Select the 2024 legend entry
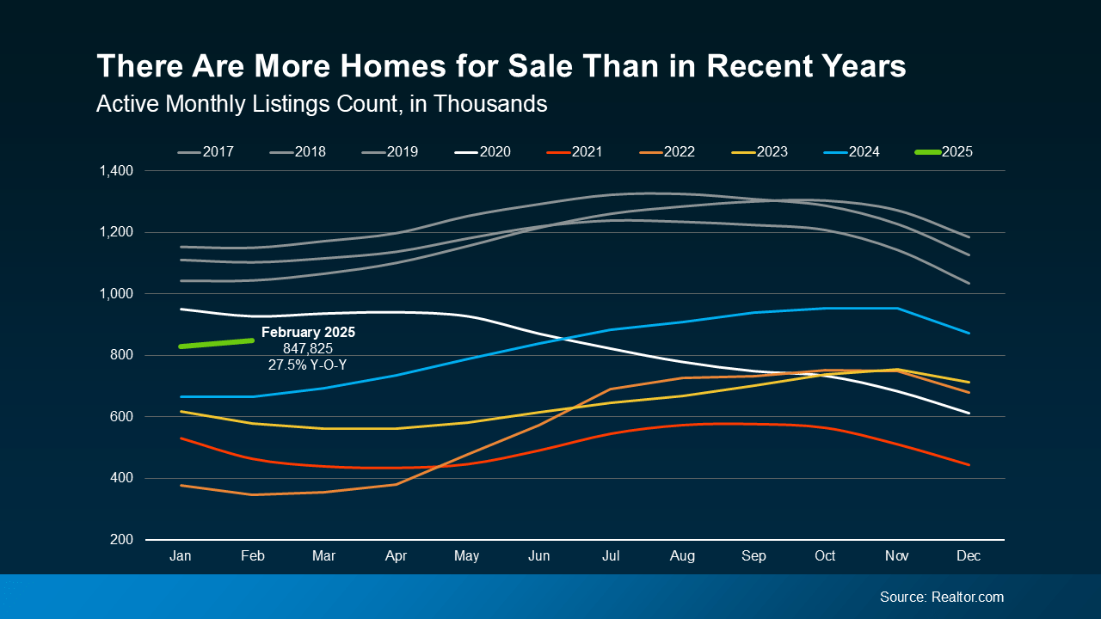[x=853, y=152]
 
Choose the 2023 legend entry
[x=760, y=152]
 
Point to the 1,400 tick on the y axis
[x=115, y=171]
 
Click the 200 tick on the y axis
[x=121, y=540]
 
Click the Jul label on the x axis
[x=610, y=556]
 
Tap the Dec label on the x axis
[x=969, y=556]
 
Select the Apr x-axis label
[x=396, y=556]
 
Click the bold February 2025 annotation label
[x=308, y=332]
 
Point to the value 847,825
[x=308, y=348]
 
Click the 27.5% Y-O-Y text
[x=308, y=365]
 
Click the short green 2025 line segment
[x=216, y=343]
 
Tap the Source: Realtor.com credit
[x=941, y=597]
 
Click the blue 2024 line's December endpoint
[x=969, y=333]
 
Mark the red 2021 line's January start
[x=181, y=438]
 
